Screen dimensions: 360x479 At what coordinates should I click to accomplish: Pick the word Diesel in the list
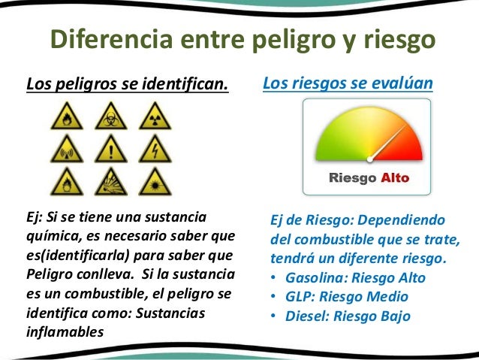[306, 316]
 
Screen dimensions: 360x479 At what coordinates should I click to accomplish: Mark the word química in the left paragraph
[53, 235]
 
